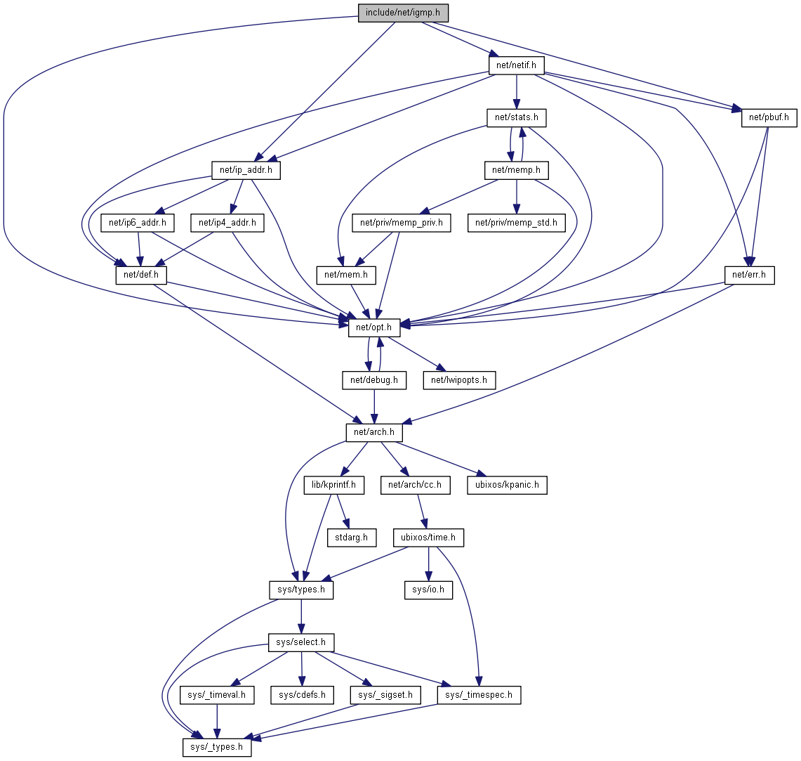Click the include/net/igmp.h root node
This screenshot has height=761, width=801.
point(403,13)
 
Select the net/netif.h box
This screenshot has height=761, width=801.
point(516,65)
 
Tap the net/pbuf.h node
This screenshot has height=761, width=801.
point(769,117)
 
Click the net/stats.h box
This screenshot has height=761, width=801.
point(516,117)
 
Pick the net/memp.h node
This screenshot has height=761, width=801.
point(517,169)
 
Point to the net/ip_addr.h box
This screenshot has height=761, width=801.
point(246,169)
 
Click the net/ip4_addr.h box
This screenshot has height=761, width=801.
point(227,223)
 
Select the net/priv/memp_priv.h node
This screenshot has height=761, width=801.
point(402,223)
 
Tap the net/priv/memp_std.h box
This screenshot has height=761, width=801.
point(516,223)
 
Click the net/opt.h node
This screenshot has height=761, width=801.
point(374,327)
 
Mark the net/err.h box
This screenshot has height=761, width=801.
point(750,275)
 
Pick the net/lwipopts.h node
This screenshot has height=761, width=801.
point(459,380)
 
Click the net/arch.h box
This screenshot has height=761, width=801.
point(374,432)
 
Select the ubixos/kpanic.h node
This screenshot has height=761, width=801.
point(507,485)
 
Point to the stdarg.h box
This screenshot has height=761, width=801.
point(352,538)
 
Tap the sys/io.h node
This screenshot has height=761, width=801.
point(428,590)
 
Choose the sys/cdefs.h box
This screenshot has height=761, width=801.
point(302,695)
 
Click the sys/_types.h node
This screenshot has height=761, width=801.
point(218,747)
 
